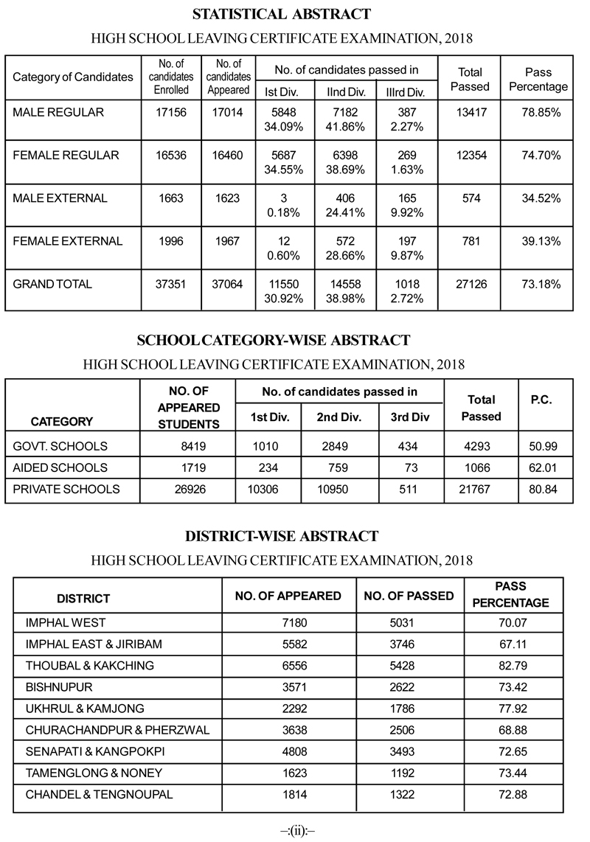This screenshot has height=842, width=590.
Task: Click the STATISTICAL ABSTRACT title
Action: [282, 14]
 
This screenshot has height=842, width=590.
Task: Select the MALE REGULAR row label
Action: [58, 113]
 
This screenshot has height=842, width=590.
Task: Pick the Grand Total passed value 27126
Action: [469, 284]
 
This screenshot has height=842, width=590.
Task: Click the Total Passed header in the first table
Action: [469, 79]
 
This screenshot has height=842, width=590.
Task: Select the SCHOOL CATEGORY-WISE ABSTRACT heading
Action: [273, 340]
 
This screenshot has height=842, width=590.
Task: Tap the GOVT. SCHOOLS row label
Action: [60, 446]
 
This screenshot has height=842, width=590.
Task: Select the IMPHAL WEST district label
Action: [66, 623]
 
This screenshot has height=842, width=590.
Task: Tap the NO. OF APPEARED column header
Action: [288, 596]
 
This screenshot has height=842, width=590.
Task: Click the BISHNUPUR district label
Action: [57, 687]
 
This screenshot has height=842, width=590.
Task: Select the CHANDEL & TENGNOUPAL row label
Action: [99, 794]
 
